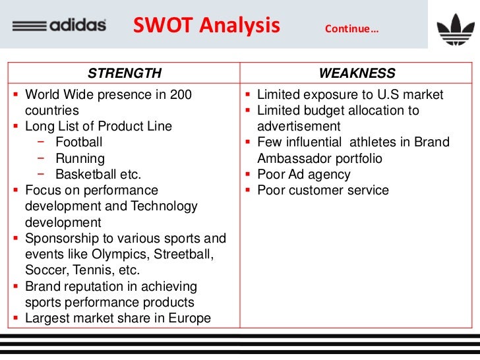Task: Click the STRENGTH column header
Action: [125, 73]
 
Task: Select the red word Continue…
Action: [351, 29]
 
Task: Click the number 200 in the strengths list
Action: [181, 95]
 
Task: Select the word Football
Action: [78, 142]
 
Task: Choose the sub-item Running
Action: [80, 159]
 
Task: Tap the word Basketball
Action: [89, 175]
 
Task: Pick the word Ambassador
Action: [297, 159]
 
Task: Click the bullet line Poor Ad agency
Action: [303, 175]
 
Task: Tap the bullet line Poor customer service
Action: [322, 191]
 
